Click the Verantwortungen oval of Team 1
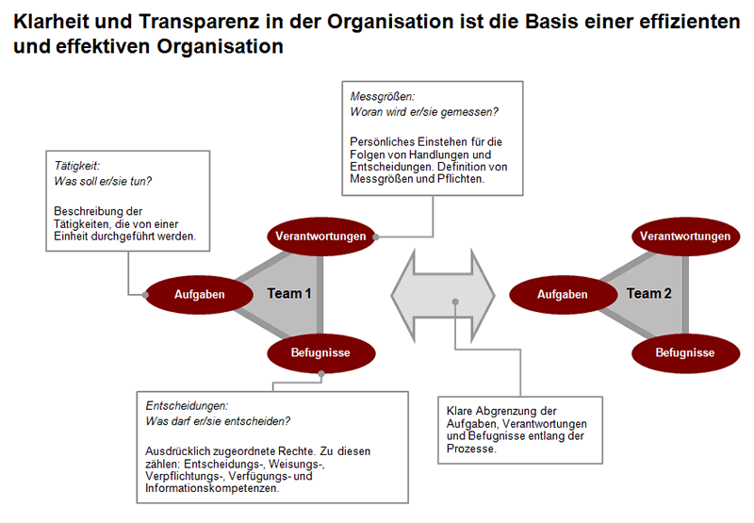click(321, 237)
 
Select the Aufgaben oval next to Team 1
click(200, 294)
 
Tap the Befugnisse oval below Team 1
click(321, 352)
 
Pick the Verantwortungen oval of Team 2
click(684, 237)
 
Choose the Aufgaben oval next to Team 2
click(563, 294)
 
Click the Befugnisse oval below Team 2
click(684, 352)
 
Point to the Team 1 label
click(289, 293)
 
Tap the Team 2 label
click(649, 293)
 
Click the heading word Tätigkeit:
click(77, 165)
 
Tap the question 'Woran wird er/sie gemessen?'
click(424, 112)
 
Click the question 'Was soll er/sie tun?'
click(104, 180)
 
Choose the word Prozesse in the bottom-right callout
click(470, 449)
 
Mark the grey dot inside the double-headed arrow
click(455, 302)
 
